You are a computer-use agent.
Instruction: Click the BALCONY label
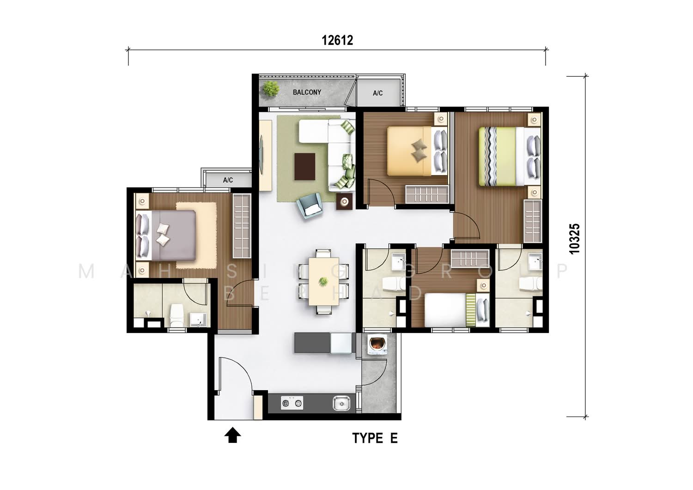(x=307, y=92)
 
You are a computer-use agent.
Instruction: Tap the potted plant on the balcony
(x=271, y=89)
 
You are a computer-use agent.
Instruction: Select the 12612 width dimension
(x=337, y=40)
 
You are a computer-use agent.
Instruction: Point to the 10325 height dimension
(x=574, y=239)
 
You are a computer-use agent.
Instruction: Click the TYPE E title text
(x=375, y=438)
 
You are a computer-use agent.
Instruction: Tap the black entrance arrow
(x=232, y=435)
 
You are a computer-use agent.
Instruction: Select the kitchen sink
(x=341, y=403)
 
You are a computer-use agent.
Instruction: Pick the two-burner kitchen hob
(x=292, y=403)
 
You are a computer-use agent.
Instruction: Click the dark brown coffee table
(x=305, y=166)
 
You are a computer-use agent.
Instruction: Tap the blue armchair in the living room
(x=310, y=206)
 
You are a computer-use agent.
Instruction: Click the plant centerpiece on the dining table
(x=323, y=282)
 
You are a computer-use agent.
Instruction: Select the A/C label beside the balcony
(x=377, y=93)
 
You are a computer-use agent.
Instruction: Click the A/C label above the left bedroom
(x=228, y=180)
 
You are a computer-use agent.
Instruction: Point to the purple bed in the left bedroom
(x=166, y=236)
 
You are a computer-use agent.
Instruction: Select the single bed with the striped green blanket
(x=456, y=310)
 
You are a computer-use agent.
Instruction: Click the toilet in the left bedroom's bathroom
(x=177, y=315)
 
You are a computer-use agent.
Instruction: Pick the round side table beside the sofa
(x=344, y=202)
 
